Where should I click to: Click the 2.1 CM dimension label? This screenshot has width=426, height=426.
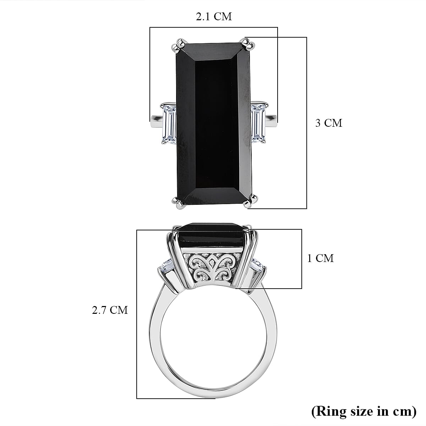pos(214,16)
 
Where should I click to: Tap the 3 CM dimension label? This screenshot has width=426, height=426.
pos(329,123)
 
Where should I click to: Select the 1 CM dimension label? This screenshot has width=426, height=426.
pos(320,258)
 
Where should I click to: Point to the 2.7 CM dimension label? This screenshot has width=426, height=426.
pos(110,310)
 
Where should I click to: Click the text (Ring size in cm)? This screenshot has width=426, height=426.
pos(364,411)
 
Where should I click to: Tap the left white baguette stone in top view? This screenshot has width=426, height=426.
pos(169,123)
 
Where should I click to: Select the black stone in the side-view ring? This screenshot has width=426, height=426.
pos(212,235)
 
